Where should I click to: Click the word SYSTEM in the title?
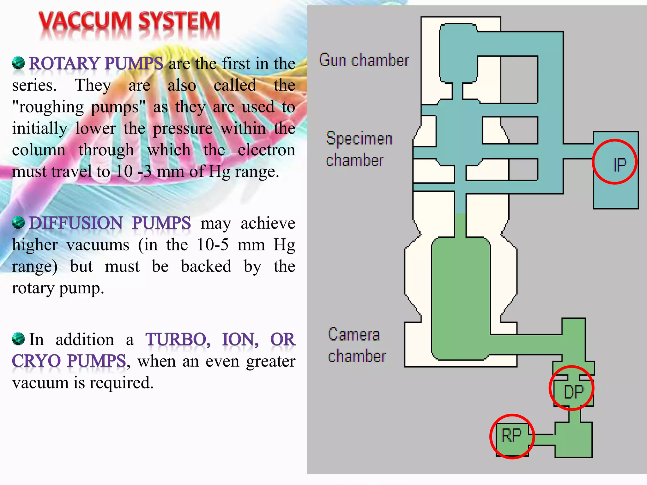tap(179, 21)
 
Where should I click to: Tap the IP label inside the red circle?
tap(620, 165)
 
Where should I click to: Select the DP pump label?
tap(573, 392)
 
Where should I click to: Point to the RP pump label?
tap(511, 436)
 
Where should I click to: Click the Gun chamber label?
tap(364, 60)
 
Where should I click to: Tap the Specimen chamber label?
tap(359, 149)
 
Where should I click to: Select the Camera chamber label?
tap(356, 345)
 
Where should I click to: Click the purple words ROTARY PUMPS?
tap(96, 63)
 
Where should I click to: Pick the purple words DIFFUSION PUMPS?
tap(110, 223)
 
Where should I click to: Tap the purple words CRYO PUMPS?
tap(69, 361)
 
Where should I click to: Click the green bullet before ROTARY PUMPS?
tap(18, 63)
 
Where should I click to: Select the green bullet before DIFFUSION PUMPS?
tap(18, 223)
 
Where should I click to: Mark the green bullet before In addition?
tap(18, 339)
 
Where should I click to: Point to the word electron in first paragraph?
tap(266, 150)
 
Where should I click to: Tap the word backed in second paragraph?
tap(206, 266)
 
